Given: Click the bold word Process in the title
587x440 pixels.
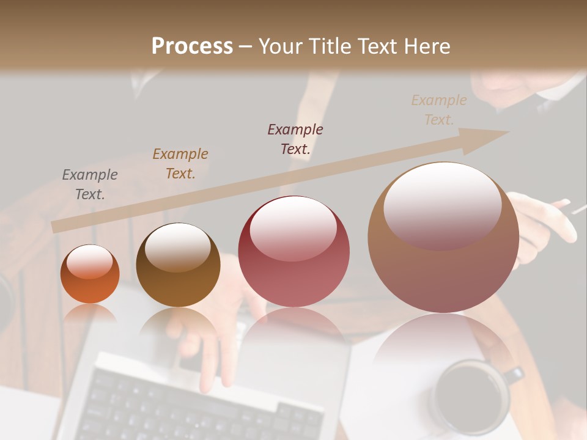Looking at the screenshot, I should click(x=192, y=46).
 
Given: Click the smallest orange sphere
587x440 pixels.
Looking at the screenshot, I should click(x=90, y=274).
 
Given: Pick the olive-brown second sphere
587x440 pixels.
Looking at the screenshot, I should click(x=178, y=265).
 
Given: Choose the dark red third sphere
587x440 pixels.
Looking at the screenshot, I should click(x=293, y=252).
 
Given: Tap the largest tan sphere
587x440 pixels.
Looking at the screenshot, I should click(x=443, y=238).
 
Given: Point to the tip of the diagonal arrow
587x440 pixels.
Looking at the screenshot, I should click(x=507, y=132).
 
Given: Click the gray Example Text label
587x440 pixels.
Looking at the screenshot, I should click(x=90, y=185).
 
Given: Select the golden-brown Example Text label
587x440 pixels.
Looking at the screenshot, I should click(x=180, y=164).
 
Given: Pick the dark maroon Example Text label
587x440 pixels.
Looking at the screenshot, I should click(x=295, y=139).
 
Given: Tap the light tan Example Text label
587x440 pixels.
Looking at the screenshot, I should click(x=439, y=110).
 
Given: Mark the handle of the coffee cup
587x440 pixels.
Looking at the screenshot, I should click(x=516, y=374).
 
